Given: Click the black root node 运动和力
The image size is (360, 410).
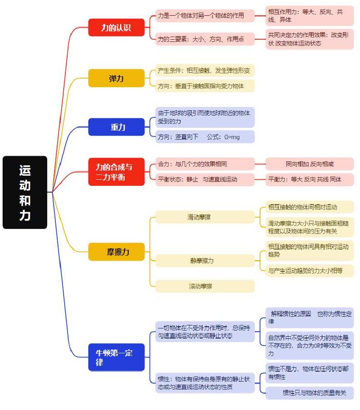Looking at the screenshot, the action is pos(25,192).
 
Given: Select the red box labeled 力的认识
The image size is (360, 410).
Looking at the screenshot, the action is pos(117,27).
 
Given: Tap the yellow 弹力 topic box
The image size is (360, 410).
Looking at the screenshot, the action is pos(117,78).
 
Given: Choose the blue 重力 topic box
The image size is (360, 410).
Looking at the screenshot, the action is pos(117,127).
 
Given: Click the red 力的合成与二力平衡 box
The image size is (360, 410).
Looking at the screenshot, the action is pos(117,172).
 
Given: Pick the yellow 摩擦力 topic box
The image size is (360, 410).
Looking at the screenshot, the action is pos(117,252).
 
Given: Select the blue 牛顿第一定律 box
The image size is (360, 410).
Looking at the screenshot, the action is pos(117,358).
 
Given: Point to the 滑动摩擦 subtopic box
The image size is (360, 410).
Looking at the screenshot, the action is pos(205,217).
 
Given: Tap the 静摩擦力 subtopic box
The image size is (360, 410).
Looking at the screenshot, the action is pos(205,261).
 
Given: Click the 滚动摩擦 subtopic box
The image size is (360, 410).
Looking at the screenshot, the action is pos(205,286).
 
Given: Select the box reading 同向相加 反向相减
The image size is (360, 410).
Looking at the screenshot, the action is pos(310,164).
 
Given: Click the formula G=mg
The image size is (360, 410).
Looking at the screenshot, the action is pos(232,137).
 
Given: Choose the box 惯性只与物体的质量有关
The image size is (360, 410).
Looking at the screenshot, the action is pos(310,393).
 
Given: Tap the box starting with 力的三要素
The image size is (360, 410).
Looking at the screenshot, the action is pos(205,39).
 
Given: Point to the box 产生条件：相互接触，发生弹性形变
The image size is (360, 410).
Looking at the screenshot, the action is pos(205,70).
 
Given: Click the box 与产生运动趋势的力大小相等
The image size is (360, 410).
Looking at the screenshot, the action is pos(310,270).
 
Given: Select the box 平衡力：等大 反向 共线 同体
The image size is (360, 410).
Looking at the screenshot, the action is pos(310,179).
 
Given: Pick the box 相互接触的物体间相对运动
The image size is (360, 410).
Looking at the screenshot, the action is pos(310,207).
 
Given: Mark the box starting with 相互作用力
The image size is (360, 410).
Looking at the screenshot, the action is pos(310,16).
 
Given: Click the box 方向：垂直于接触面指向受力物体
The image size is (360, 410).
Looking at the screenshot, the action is pos(205,86).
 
